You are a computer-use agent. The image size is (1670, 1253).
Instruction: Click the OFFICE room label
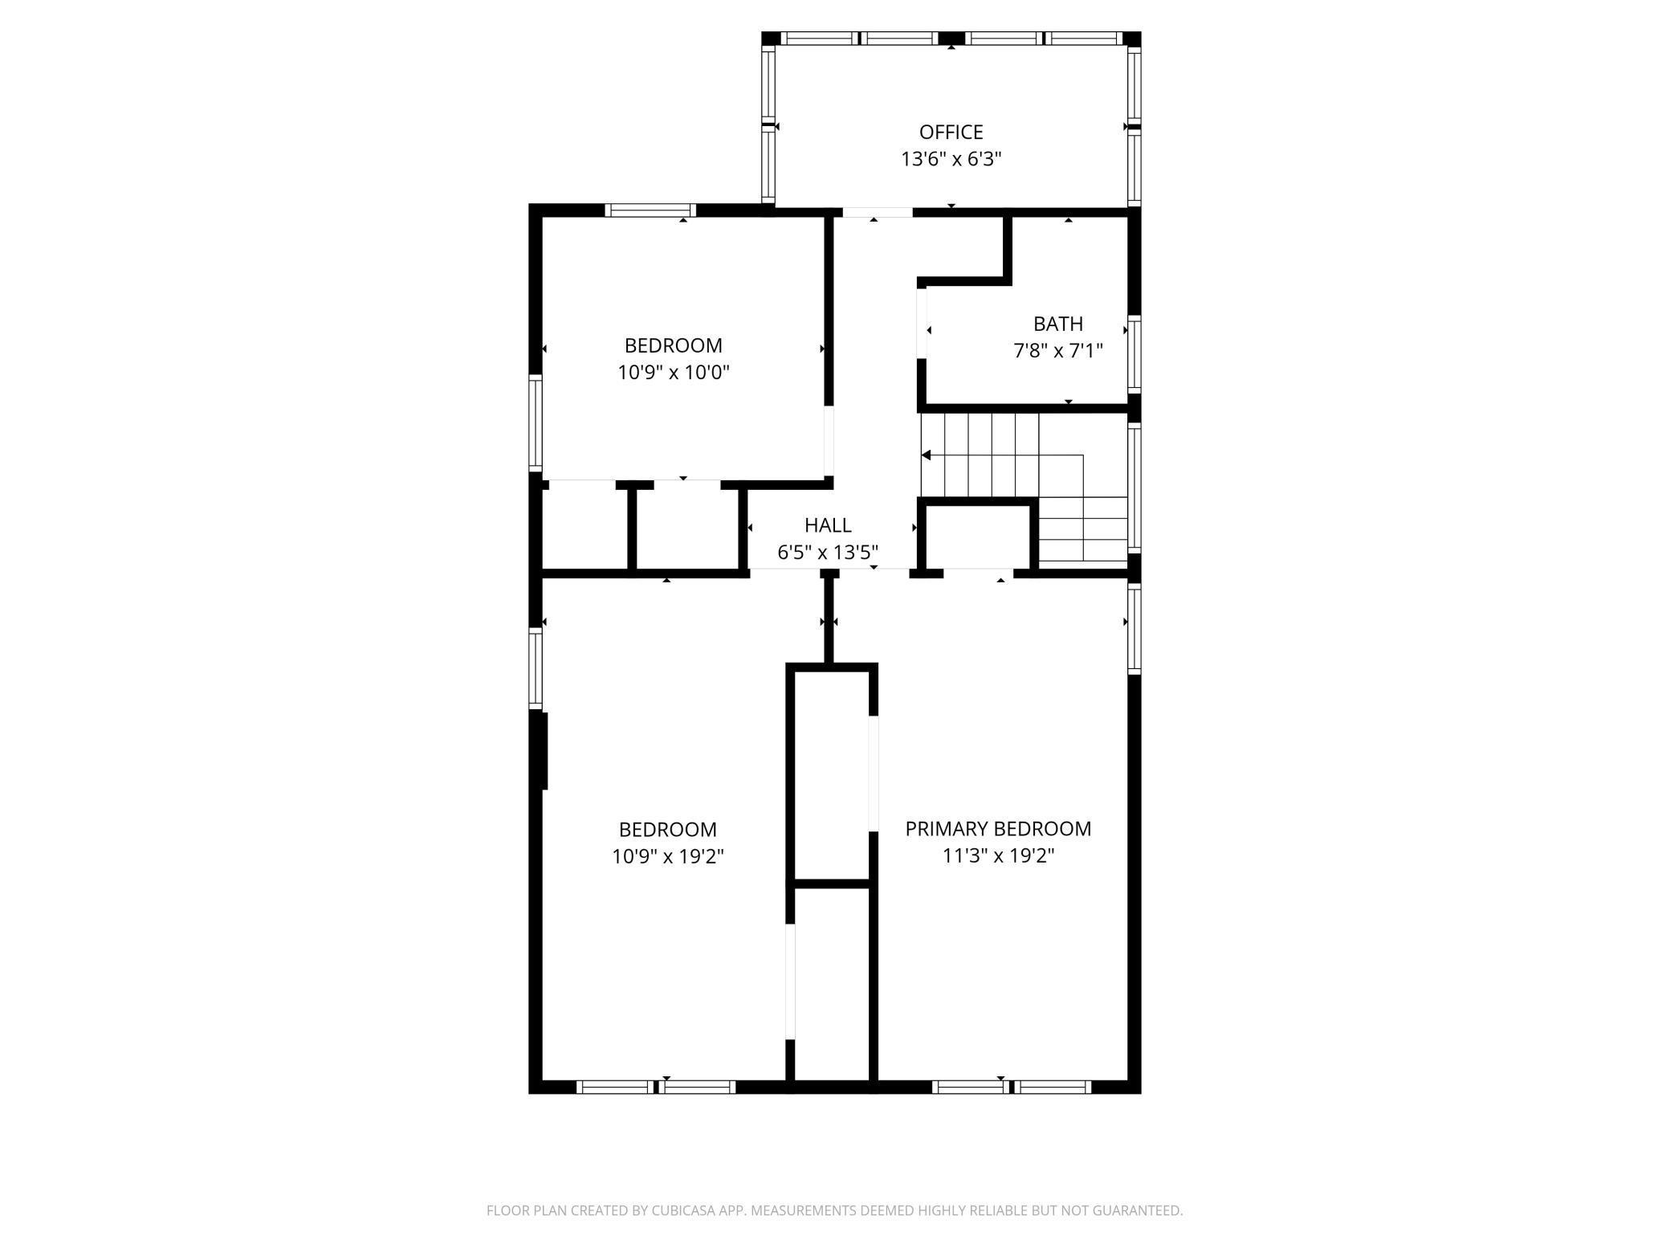[x=951, y=132]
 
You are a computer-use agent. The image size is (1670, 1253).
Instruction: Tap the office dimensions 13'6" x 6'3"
[x=951, y=159]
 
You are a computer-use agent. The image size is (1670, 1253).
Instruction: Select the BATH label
[x=1057, y=324]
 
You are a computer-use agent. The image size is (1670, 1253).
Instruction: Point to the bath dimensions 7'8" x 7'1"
[x=1057, y=351]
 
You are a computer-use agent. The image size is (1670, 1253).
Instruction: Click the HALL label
[x=828, y=525]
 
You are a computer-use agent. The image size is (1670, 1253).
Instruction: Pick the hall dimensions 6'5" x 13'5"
[x=828, y=553]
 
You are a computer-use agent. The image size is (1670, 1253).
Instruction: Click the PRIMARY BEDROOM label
[x=998, y=829]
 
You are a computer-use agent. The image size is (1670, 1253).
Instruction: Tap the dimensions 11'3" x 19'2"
[x=998, y=856]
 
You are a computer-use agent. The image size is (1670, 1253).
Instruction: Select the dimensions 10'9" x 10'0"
[x=673, y=373]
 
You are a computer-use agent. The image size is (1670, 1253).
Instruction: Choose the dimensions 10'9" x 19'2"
[x=667, y=857]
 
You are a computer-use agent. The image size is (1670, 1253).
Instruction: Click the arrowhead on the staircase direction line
[x=927, y=455]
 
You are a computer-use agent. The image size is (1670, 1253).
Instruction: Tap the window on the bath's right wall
[x=1134, y=354]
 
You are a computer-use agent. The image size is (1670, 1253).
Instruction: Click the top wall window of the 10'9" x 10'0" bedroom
[x=650, y=210]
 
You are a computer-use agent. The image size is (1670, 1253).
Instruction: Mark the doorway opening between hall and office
[x=877, y=213]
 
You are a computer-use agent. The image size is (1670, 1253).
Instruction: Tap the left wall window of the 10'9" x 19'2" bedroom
[x=535, y=668]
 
